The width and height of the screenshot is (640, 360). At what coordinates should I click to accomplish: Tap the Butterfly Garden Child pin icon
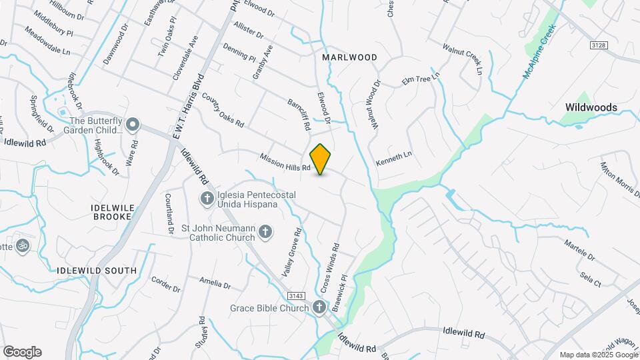133,125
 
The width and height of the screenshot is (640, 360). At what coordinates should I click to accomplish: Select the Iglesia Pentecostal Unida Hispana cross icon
207,198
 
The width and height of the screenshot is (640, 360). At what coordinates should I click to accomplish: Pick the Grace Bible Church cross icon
319,307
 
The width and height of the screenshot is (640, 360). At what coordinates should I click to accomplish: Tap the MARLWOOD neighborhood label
349,58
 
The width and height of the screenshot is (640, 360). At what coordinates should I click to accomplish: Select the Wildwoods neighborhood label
591,107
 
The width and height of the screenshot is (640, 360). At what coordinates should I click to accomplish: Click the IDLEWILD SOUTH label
97,271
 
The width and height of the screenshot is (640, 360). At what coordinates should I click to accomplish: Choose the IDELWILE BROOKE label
117,213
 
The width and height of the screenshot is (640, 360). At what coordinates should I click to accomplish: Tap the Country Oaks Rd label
223,111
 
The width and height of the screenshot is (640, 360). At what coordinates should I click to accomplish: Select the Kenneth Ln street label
394,158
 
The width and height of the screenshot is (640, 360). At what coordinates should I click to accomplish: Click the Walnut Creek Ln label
462,56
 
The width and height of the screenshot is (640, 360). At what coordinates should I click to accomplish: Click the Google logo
22,351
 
